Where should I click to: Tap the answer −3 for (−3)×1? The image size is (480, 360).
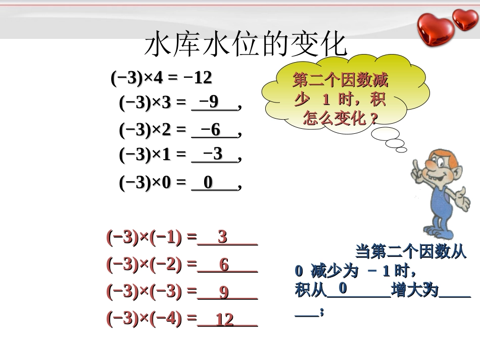212,153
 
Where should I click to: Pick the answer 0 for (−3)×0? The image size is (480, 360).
208,183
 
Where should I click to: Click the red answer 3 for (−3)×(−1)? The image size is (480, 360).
222,237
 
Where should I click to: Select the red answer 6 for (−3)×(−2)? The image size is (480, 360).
224,265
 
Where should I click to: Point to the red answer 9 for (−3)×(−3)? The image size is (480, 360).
224,292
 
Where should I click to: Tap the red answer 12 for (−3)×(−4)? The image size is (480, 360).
225,320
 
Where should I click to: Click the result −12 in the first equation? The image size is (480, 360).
198,78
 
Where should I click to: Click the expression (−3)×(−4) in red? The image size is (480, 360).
144,318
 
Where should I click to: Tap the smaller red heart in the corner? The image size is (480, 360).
465,19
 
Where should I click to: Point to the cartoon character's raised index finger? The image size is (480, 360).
416,165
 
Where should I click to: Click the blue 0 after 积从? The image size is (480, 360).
342,288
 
